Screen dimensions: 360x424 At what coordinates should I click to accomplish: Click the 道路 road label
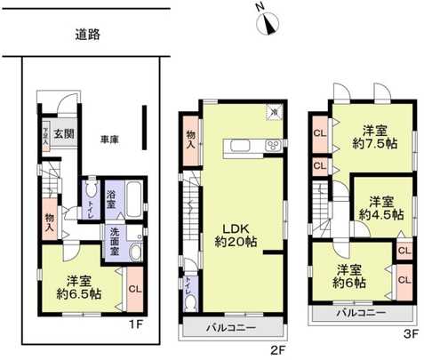click(x=87, y=35)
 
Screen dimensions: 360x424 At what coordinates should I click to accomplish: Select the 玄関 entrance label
click(x=62, y=134)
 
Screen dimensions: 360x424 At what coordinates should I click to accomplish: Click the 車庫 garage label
click(x=109, y=140)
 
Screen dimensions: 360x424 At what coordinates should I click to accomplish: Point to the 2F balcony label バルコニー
click(x=233, y=328)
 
